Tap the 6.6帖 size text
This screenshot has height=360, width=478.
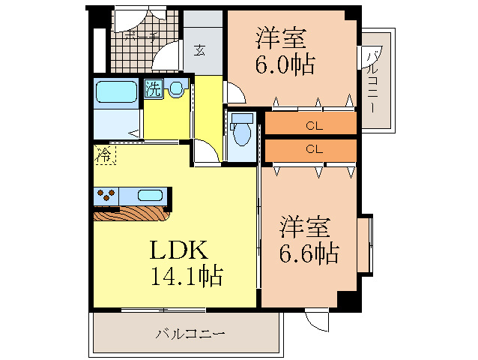[x=309, y=252]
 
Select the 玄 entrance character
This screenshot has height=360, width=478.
[x=201, y=50]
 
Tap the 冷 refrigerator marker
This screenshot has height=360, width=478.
[x=104, y=155]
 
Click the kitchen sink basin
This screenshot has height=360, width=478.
[x=149, y=196]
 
